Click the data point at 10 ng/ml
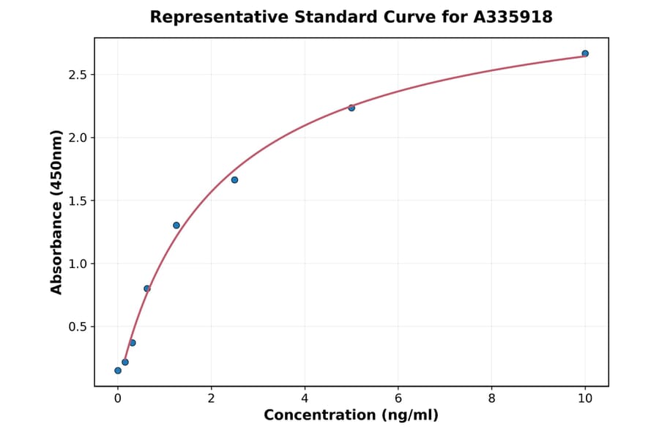585,53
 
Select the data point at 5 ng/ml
351,108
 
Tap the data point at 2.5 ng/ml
234,179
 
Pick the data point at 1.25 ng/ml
176,225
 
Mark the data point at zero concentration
118,371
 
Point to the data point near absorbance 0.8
147,289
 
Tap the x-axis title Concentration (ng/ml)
351,415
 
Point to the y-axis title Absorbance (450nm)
57,212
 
